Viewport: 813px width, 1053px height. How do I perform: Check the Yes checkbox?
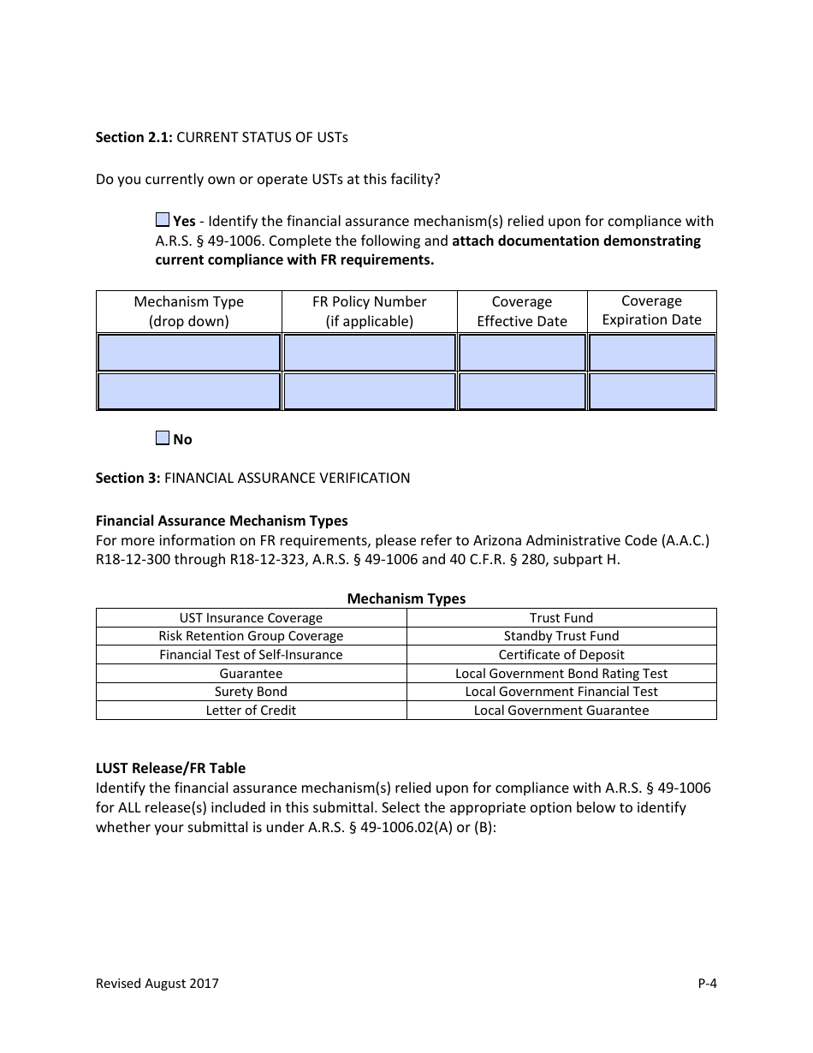(x=163, y=220)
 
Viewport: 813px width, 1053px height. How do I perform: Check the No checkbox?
(x=163, y=438)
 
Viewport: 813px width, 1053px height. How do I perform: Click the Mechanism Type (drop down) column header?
(x=189, y=312)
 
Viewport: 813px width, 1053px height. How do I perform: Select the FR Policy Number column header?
(x=370, y=312)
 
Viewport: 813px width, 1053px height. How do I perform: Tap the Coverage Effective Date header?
(x=522, y=312)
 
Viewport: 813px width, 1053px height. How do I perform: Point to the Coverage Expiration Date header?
(x=651, y=311)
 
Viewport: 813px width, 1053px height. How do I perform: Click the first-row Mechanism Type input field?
(x=189, y=353)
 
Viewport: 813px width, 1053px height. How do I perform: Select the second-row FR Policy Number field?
(x=370, y=391)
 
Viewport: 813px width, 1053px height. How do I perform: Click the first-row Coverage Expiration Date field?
(x=652, y=353)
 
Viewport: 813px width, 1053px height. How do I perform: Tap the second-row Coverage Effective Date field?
(x=522, y=391)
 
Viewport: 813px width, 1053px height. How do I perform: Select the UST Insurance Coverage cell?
(x=251, y=618)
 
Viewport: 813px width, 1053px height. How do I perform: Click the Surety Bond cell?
(x=251, y=692)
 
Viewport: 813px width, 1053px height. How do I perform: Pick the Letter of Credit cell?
(x=251, y=711)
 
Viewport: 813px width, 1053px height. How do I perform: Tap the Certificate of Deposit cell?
(x=561, y=655)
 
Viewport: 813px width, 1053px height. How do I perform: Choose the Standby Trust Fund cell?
(x=561, y=636)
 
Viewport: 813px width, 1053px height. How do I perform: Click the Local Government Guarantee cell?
(x=561, y=711)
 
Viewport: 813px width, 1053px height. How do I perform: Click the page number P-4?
(x=707, y=984)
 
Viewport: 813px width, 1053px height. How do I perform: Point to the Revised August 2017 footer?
(x=157, y=984)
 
